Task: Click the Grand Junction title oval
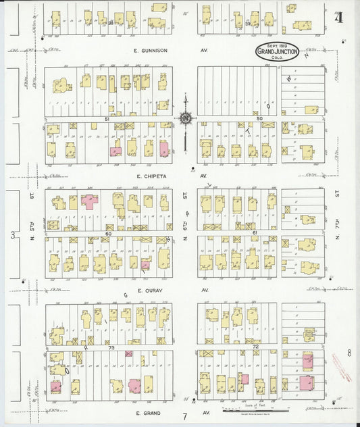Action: click(277, 51)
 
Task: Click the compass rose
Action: click(184, 118)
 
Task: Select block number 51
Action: click(106, 119)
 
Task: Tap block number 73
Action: click(111, 347)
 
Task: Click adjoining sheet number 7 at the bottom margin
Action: click(184, 416)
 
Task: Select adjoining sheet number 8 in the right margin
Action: click(349, 352)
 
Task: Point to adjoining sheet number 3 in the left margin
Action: click(12, 234)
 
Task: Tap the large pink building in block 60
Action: click(89, 201)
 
